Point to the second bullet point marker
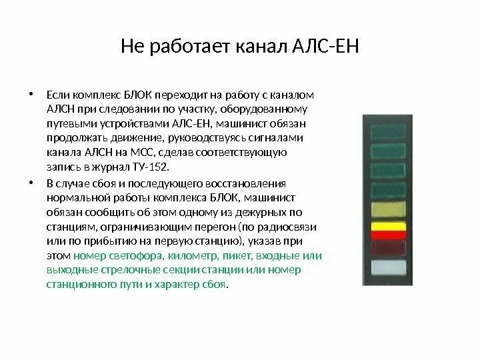(31, 183)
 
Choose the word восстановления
(251, 183)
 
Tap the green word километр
(189, 255)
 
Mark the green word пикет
(237, 255)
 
